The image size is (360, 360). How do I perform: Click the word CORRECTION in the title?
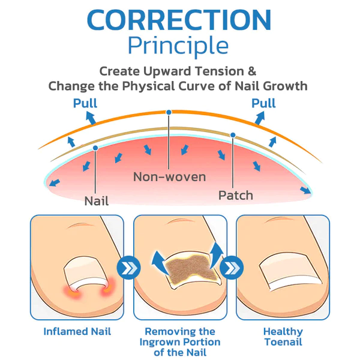click(x=179, y=20)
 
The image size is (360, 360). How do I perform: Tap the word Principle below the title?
click(x=178, y=46)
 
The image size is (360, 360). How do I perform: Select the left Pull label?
click(x=85, y=103)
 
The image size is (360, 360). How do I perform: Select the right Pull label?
click(x=263, y=103)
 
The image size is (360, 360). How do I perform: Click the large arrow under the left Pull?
click(x=91, y=118)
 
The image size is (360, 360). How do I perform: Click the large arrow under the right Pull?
click(x=260, y=118)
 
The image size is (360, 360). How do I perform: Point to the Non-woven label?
click(x=169, y=177)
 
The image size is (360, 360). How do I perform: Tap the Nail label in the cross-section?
click(x=97, y=201)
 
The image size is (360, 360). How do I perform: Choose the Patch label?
click(x=236, y=196)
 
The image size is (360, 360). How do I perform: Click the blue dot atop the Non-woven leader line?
click(x=169, y=112)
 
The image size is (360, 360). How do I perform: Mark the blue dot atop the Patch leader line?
click(x=233, y=135)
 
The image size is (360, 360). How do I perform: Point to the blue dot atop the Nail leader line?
click(x=95, y=148)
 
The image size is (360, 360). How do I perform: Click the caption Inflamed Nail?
click(x=77, y=332)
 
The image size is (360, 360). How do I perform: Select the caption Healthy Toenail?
click(x=283, y=337)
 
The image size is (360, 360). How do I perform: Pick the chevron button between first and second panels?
click(x=129, y=268)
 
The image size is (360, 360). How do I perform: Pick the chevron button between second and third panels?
click(x=232, y=268)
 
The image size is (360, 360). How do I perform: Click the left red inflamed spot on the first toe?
click(x=71, y=290)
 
